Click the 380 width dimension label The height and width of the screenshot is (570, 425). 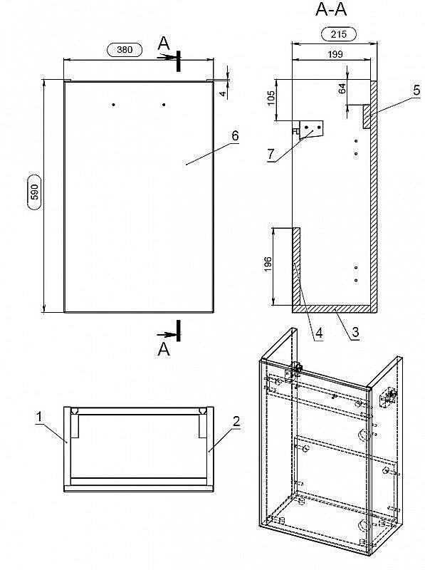(125, 49)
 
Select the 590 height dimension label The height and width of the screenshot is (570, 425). (35, 192)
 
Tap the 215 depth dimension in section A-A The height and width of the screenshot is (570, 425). (339, 34)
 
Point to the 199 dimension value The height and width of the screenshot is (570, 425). (335, 54)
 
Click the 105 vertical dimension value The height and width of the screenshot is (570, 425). (271, 98)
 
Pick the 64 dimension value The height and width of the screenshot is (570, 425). (342, 88)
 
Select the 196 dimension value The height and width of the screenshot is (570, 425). (268, 264)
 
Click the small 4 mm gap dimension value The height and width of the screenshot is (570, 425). (224, 93)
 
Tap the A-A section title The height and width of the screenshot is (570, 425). (331, 9)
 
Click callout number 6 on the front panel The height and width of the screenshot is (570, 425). (236, 135)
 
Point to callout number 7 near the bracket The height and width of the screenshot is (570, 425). (271, 154)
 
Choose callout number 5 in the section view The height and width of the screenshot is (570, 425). (416, 90)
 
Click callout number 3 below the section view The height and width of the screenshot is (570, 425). (355, 332)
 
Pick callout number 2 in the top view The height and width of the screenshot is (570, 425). (236, 421)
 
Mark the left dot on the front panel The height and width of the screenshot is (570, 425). (114, 105)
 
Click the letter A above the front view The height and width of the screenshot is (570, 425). (164, 43)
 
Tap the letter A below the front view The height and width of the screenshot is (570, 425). (164, 349)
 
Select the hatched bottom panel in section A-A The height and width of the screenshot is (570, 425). (335, 309)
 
